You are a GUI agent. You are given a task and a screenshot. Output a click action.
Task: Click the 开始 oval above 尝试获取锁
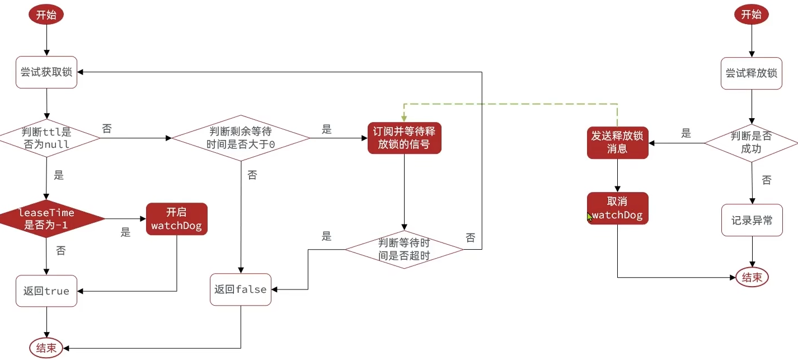point(46,15)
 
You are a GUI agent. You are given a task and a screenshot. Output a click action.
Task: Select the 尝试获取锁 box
point(46,72)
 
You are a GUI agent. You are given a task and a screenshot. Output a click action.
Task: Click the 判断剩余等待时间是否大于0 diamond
point(241,138)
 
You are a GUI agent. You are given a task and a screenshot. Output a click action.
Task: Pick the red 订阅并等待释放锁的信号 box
point(405,138)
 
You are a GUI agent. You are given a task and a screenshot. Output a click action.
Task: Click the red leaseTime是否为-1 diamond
point(46,219)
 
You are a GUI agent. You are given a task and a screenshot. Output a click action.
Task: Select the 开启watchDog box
point(176,219)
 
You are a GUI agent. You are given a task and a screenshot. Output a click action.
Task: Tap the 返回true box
point(46,291)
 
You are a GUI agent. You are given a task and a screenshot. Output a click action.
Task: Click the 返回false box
point(241,289)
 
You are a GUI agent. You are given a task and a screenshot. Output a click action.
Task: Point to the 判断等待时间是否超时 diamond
point(404,249)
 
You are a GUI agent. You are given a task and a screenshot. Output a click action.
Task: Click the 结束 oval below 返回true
point(46,348)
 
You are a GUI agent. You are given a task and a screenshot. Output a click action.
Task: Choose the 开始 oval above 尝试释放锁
point(751,15)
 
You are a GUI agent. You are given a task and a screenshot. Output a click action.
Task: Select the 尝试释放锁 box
point(751,73)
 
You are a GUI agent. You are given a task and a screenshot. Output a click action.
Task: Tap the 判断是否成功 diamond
point(751,143)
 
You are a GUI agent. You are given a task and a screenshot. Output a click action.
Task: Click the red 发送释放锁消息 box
point(617,142)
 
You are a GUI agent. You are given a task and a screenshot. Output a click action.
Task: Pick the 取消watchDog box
point(617,208)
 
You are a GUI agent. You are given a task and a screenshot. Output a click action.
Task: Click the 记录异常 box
point(751,220)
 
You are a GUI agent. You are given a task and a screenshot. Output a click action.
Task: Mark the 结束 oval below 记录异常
point(752,277)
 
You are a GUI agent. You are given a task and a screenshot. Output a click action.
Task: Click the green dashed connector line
point(509,104)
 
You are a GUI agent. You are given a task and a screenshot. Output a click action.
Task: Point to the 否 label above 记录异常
point(766,180)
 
